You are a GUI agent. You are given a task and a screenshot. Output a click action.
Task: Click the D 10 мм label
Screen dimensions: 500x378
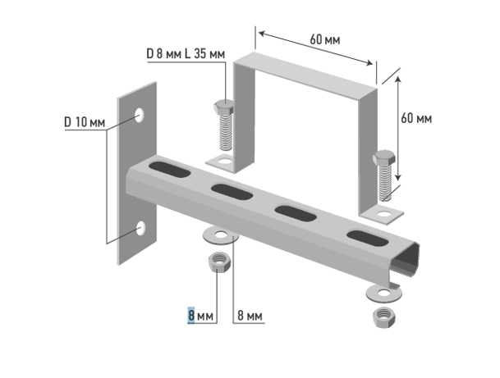tap(85, 122)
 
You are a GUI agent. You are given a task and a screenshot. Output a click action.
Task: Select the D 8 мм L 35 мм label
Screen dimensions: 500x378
tap(186, 54)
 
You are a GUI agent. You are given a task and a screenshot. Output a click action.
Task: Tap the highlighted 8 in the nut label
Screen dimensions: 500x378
tap(191, 316)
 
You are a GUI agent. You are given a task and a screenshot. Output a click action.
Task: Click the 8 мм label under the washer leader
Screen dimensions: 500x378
tap(250, 316)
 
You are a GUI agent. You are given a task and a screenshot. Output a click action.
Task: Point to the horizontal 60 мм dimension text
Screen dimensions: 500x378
tap(325, 40)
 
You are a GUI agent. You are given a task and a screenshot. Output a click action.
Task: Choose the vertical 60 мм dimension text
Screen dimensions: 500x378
tap(416, 118)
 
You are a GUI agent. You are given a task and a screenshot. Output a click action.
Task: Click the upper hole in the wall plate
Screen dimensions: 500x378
tap(139, 115)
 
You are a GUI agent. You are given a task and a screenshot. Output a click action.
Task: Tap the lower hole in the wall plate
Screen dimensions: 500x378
tap(140, 228)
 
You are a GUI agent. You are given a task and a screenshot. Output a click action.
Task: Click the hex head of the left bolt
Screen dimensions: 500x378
tap(223, 107)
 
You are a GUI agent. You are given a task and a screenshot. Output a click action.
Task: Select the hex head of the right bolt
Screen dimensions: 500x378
tap(384, 158)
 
